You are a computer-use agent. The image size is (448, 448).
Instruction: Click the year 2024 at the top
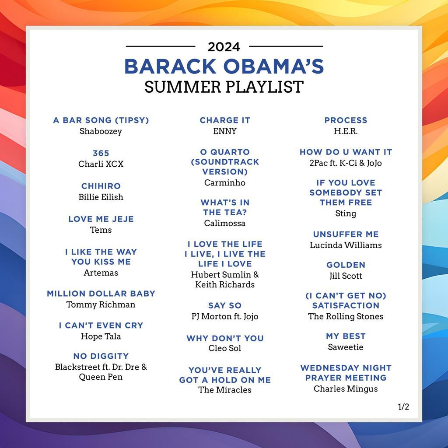click(x=224, y=46)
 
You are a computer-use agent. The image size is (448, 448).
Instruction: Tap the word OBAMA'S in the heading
click(x=274, y=66)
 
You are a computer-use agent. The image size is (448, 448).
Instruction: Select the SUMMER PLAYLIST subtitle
click(x=224, y=87)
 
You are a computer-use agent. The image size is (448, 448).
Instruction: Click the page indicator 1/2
click(x=403, y=406)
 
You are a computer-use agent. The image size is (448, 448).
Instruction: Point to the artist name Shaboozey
click(x=101, y=131)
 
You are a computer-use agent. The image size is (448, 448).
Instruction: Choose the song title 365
click(x=101, y=153)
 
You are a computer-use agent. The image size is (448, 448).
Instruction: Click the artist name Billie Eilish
click(x=101, y=197)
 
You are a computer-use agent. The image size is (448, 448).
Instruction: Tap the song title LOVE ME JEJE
click(x=101, y=219)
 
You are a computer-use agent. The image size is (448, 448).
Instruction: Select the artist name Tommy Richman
click(x=101, y=304)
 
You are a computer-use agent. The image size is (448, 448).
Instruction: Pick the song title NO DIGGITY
click(x=101, y=356)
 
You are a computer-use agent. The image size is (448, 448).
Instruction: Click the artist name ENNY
click(x=225, y=131)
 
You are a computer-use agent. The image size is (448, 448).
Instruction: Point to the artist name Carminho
click(x=225, y=183)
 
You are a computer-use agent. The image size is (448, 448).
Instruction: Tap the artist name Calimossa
click(x=225, y=223)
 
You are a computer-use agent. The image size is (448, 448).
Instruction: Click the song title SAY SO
click(x=225, y=305)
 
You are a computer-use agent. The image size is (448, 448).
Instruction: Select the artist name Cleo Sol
click(x=225, y=348)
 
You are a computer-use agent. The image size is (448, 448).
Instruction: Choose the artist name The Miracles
click(x=225, y=390)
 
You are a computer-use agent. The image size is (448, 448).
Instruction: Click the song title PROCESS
click(x=346, y=120)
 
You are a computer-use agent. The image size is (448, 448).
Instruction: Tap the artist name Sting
click(x=346, y=213)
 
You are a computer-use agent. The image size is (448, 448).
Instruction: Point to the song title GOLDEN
click(x=346, y=265)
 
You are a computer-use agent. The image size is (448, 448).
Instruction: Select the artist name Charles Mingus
click(x=346, y=388)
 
